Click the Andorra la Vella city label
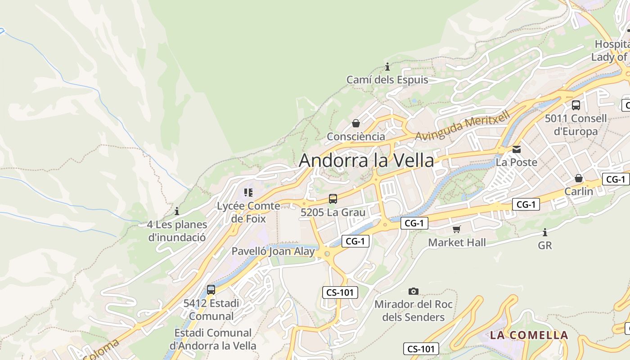[x=366, y=161]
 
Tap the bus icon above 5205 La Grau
[x=333, y=198]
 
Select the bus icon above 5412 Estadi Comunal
[x=211, y=290]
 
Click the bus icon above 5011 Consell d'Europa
[x=576, y=105]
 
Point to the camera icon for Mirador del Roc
[x=414, y=291]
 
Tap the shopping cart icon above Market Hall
[x=457, y=229]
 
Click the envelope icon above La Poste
[x=517, y=149]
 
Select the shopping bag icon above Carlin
[x=579, y=178]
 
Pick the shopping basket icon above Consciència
[x=356, y=123]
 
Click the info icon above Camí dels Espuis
[x=387, y=67]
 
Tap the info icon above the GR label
[x=545, y=232]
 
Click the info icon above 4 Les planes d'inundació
[x=177, y=211]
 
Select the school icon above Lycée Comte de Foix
[x=248, y=193]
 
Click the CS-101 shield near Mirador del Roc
[x=340, y=292]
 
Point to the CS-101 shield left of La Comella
[x=421, y=349]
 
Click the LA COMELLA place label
[x=529, y=335]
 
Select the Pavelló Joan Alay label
[x=273, y=252]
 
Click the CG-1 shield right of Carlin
[x=616, y=179]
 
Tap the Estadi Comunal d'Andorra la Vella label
[x=213, y=339]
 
